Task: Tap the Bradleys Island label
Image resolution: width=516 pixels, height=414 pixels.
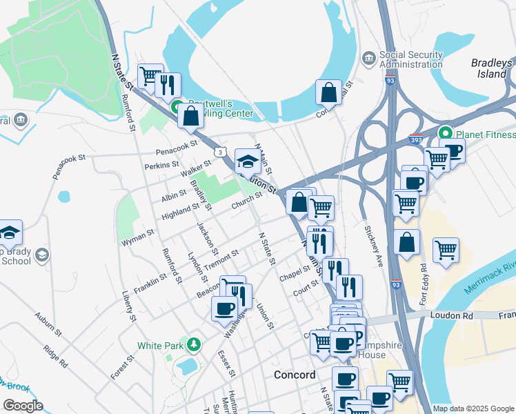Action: point(492,68)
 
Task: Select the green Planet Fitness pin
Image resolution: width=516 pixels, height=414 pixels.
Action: point(446,132)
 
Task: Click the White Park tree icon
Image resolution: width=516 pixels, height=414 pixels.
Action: point(195,344)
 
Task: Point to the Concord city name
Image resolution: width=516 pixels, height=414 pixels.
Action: point(295,375)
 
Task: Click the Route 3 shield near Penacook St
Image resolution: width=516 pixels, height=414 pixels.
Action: point(219,150)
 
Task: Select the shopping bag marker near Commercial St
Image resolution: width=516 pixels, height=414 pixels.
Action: point(329,92)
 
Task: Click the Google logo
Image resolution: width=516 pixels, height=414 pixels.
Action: point(23,406)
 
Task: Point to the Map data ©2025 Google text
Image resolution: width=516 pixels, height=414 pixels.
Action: point(473,408)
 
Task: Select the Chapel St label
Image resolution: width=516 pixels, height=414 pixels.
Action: point(295,274)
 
